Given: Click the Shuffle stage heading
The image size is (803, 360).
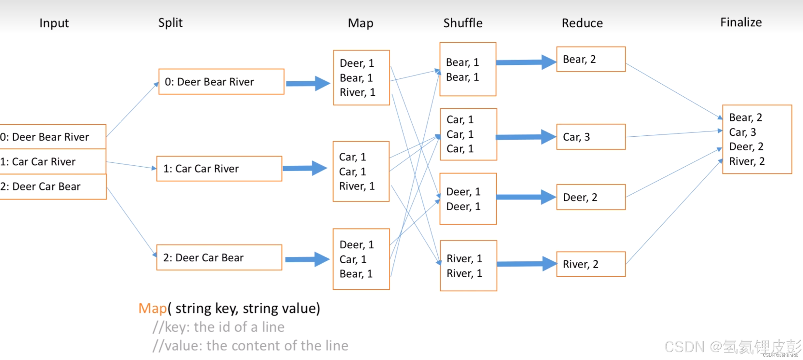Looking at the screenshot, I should (x=463, y=23).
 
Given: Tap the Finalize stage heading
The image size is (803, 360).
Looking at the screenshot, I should (x=741, y=22).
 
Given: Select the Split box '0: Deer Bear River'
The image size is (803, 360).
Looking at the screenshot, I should (x=221, y=82).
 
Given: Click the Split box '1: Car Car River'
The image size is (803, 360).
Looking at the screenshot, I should (x=219, y=169).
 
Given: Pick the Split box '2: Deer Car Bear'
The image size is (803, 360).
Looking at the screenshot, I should (x=219, y=257).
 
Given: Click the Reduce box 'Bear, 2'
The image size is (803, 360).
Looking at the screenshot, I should (x=591, y=59).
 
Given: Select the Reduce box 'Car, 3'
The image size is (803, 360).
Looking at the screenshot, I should (x=591, y=137).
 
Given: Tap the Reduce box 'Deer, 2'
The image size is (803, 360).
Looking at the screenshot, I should (x=591, y=197).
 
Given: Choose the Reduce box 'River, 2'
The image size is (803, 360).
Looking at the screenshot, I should (x=591, y=264).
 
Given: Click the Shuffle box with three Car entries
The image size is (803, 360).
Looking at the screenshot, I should (x=468, y=134).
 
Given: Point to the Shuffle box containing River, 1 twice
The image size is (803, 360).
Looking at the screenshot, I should (x=468, y=266).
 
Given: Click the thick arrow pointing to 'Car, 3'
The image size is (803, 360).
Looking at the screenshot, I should (x=526, y=137).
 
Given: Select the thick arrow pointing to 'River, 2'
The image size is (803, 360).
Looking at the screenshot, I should (x=526, y=264).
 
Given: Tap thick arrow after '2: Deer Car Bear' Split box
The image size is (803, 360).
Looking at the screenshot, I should (x=307, y=259).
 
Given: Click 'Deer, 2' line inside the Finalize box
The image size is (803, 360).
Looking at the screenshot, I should (x=746, y=146).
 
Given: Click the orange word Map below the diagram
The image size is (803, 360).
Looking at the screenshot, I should (x=152, y=308).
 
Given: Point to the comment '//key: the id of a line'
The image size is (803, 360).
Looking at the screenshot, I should (x=218, y=327).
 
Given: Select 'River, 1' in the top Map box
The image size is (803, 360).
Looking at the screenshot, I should (x=357, y=92).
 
